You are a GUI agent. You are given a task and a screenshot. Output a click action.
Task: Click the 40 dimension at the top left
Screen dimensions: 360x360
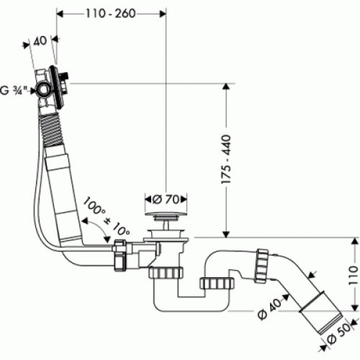tap(40, 41)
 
